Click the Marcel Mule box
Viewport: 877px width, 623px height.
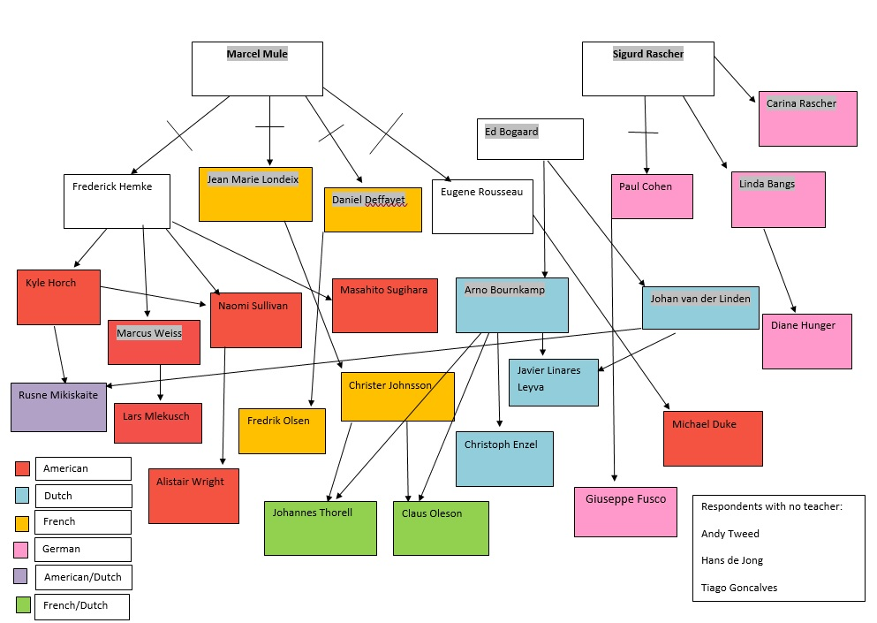click(x=257, y=68)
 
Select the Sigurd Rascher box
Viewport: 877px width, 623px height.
click(x=647, y=68)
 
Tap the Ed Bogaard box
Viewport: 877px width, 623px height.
click(x=530, y=139)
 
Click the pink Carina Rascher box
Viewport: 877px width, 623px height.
click(x=807, y=118)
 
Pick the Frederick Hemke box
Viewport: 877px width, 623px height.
click(x=116, y=201)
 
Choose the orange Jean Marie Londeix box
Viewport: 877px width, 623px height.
click(x=255, y=194)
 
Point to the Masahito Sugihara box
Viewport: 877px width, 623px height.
click(x=384, y=305)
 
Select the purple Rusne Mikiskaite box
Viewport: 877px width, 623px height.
click(x=58, y=406)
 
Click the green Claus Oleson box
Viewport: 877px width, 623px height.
click(x=441, y=528)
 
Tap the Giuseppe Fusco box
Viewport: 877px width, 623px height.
click(x=625, y=512)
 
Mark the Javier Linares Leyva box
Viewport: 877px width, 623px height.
click(x=553, y=382)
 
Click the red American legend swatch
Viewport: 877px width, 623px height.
click(x=23, y=468)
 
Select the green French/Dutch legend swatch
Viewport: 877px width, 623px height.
click(x=23, y=605)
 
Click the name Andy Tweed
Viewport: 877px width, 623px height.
click(x=730, y=534)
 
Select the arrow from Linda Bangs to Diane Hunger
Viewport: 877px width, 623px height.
click(x=780, y=270)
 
